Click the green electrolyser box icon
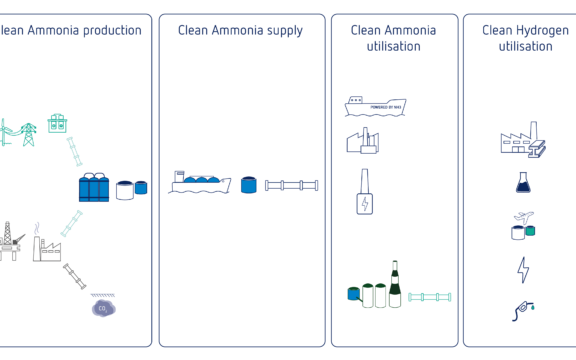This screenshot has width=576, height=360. (x=57, y=123)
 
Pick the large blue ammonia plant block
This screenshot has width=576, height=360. (x=94, y=186)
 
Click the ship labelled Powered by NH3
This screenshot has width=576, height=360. (x=374, y=105)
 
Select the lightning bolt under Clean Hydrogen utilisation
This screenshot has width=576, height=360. (x=522, y=269)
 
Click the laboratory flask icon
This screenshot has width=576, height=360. (x=522, y=182)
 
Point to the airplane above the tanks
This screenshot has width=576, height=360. (x=526, y=217)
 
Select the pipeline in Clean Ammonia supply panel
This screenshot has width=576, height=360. (x=291, y=185)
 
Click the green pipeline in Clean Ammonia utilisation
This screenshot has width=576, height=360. (x=430, y=297)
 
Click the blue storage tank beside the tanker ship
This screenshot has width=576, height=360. (x=249, y=184)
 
